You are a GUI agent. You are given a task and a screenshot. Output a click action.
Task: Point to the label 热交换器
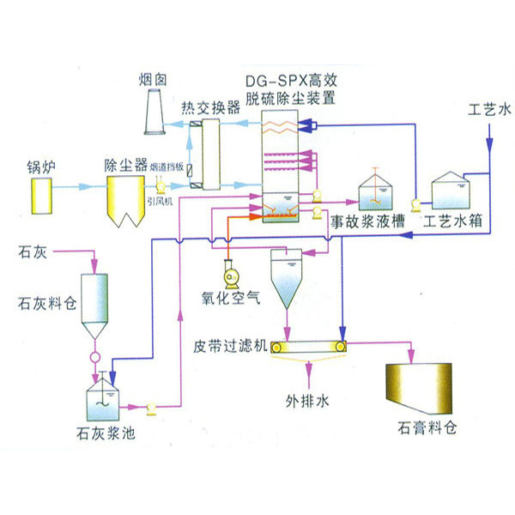pyautogui.click(x=210, y=109)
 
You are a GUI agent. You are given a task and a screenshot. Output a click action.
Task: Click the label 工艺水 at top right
pyautogui.click(x=489, y=110)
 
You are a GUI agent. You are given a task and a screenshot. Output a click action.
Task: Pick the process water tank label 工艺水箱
pyautogui.click(x=452, y=221)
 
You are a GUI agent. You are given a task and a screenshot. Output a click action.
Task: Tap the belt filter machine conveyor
pyautogui.click(x=309, y=347)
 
